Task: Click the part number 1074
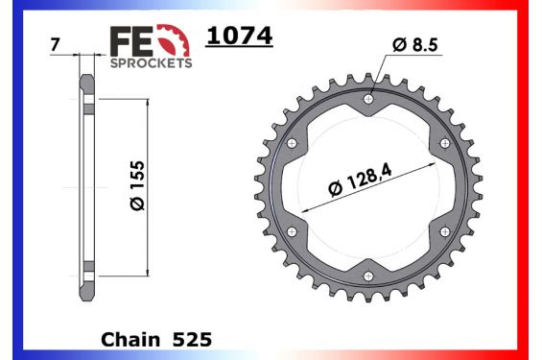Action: [x=240, y=36]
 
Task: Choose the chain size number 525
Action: [x=192, y=340]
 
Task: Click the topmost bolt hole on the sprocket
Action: [x=369, y=96]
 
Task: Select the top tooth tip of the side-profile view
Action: [x=87, y=76]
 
